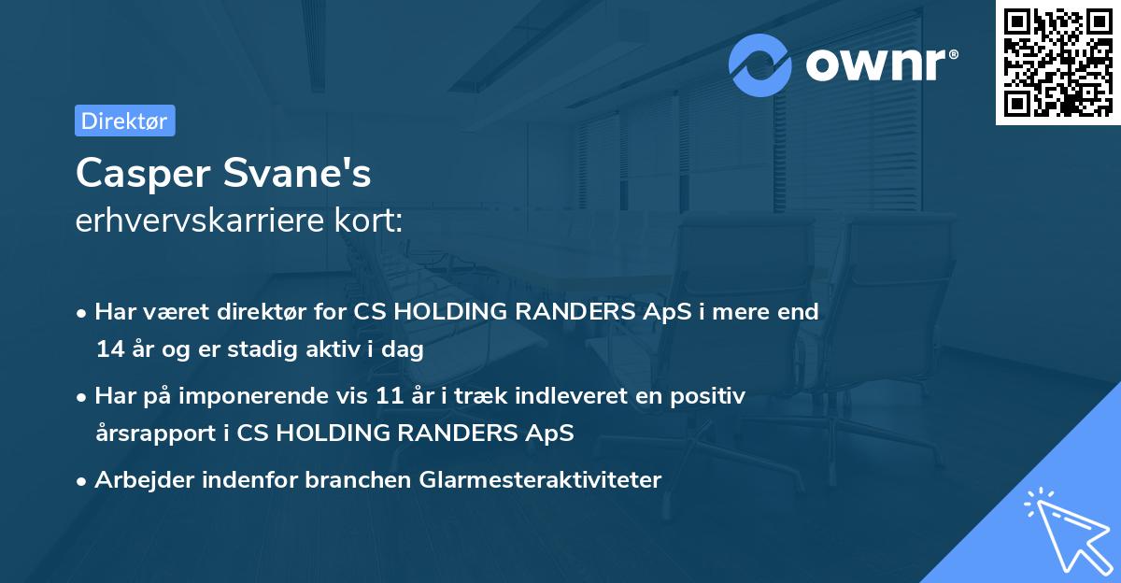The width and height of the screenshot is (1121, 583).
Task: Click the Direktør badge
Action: (x=124, y=121)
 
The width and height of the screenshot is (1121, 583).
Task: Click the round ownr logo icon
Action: (x=761, y=64)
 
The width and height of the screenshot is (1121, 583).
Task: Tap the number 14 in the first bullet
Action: (x=108, y=349)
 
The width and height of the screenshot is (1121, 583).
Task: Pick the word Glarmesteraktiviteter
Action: (x=541, y=479)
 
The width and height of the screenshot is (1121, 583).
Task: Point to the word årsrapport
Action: (x=146, y=433)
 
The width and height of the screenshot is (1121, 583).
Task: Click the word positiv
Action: (x=711, y=395)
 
